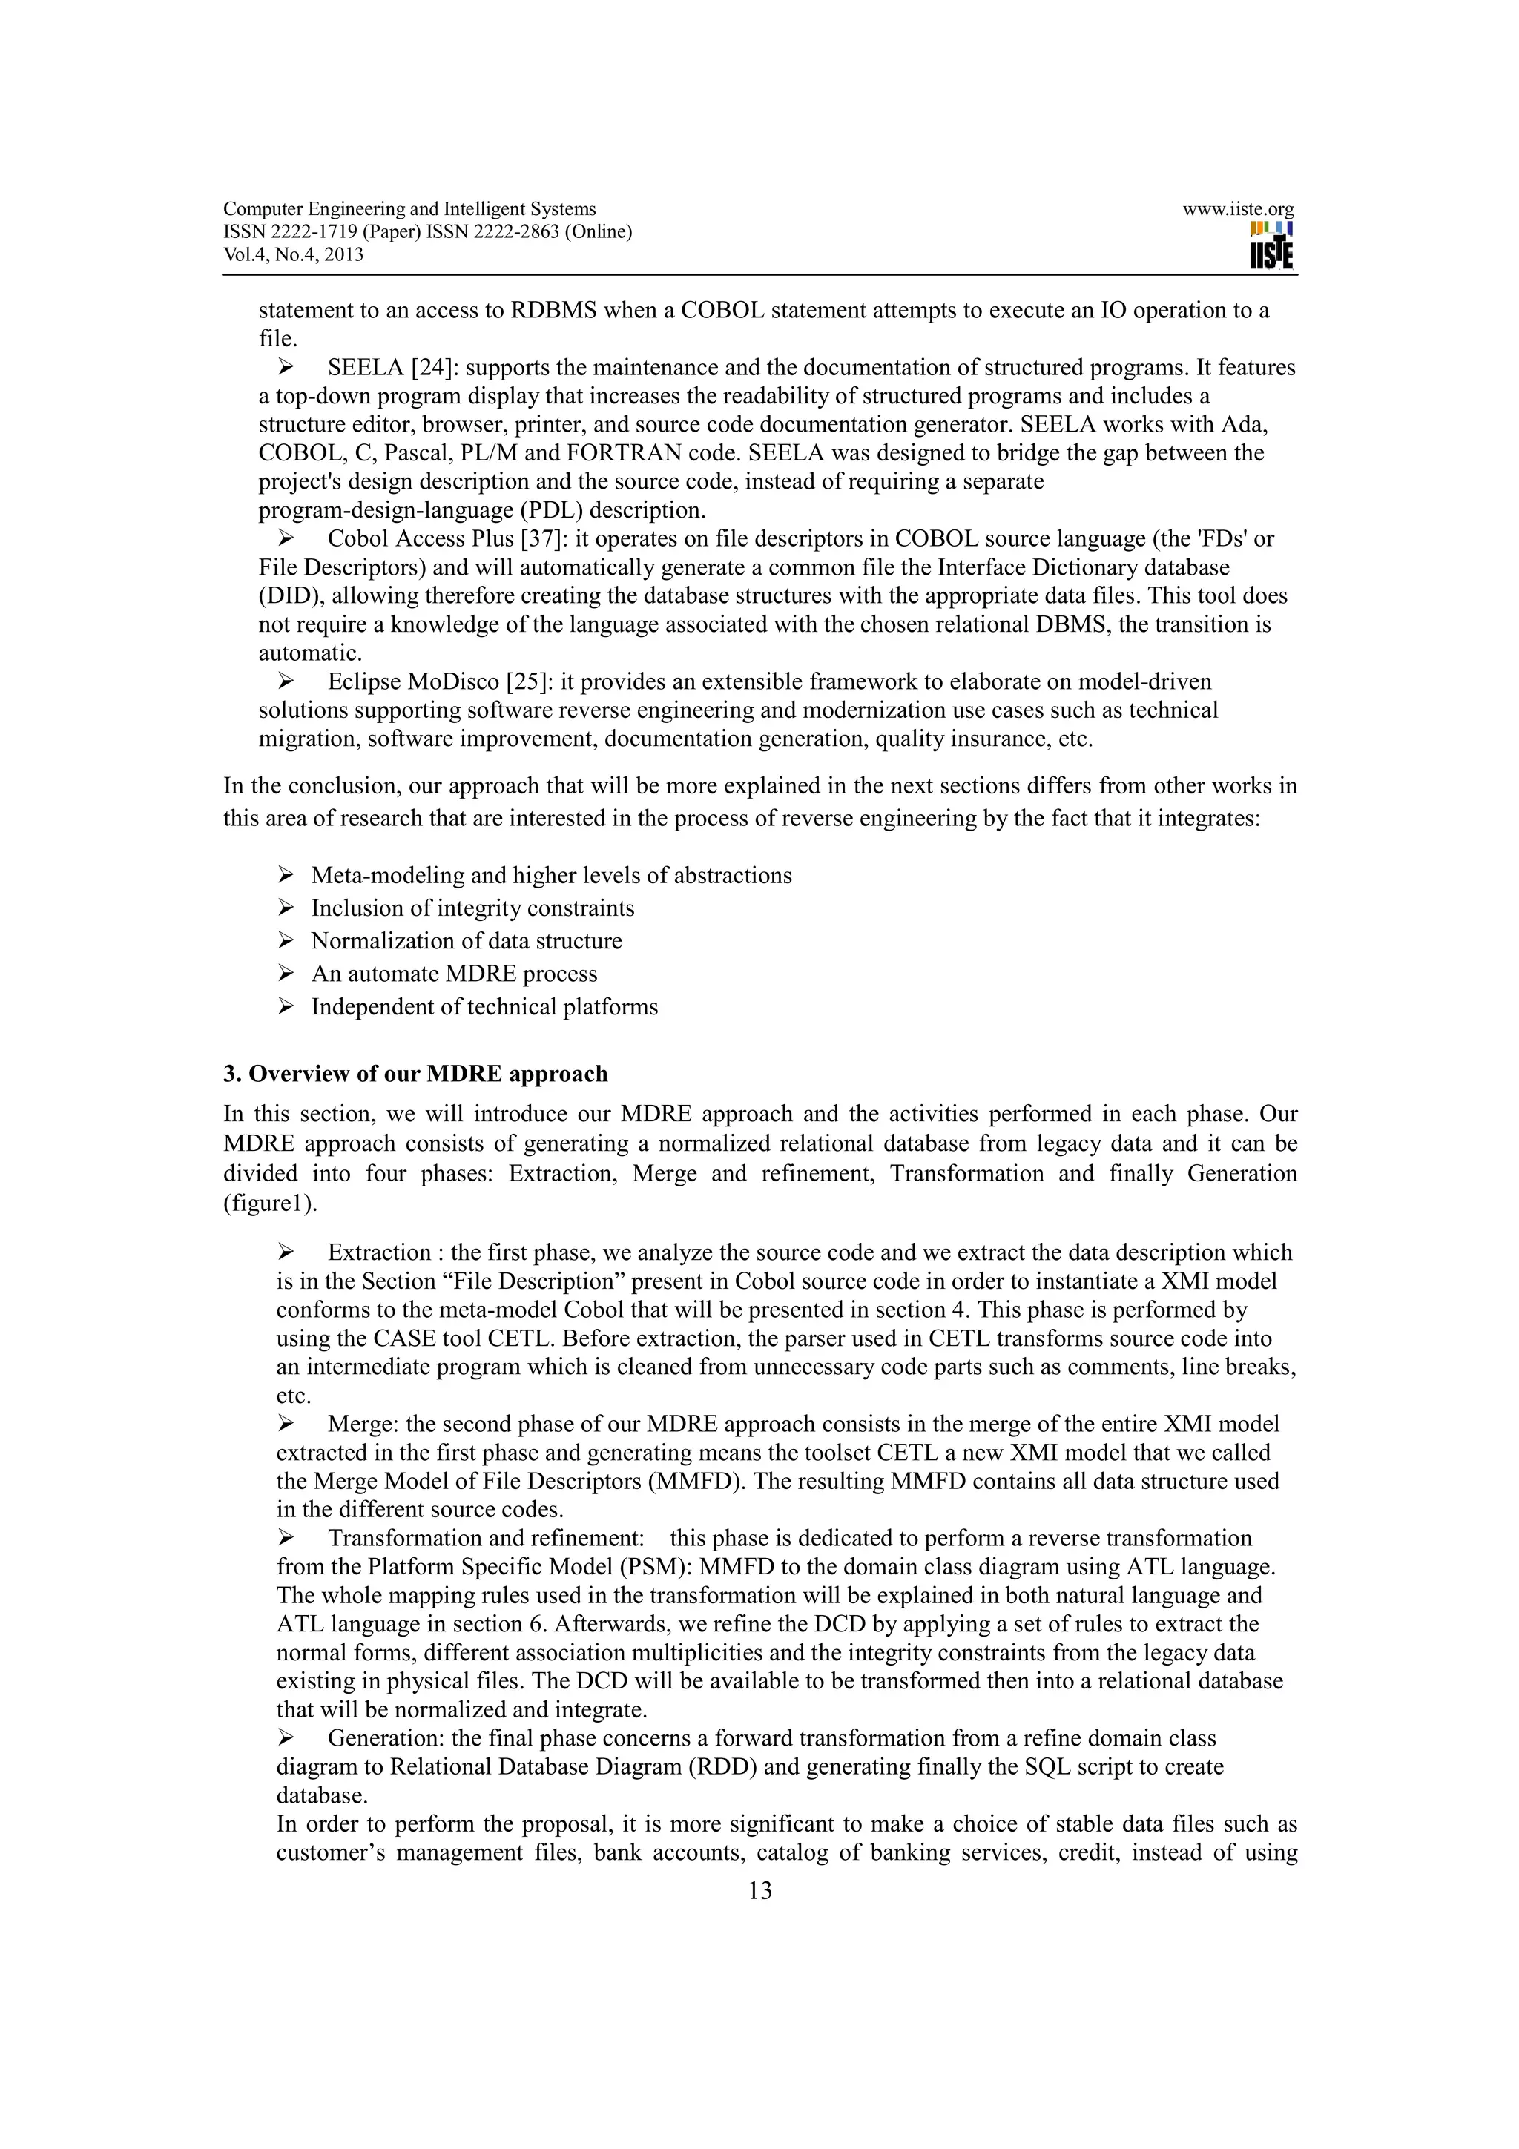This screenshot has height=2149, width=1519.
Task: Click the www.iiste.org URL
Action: pyautogui.click(x=1237, y=210)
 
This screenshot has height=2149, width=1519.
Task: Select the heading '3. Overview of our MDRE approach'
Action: pyautogui.click(x=415, y=1074)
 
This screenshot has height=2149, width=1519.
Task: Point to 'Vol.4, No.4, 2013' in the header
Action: pyautogui.click(x=293, y=254)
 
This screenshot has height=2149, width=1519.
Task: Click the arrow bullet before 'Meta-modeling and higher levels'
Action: pyautogui.click(x=286, y=875)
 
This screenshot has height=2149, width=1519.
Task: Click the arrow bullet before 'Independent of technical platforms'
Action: pyautogui.click(x=286, y=1006)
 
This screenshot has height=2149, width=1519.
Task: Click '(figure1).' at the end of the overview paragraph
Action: pyautogui.click(x=269, y=1204)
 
